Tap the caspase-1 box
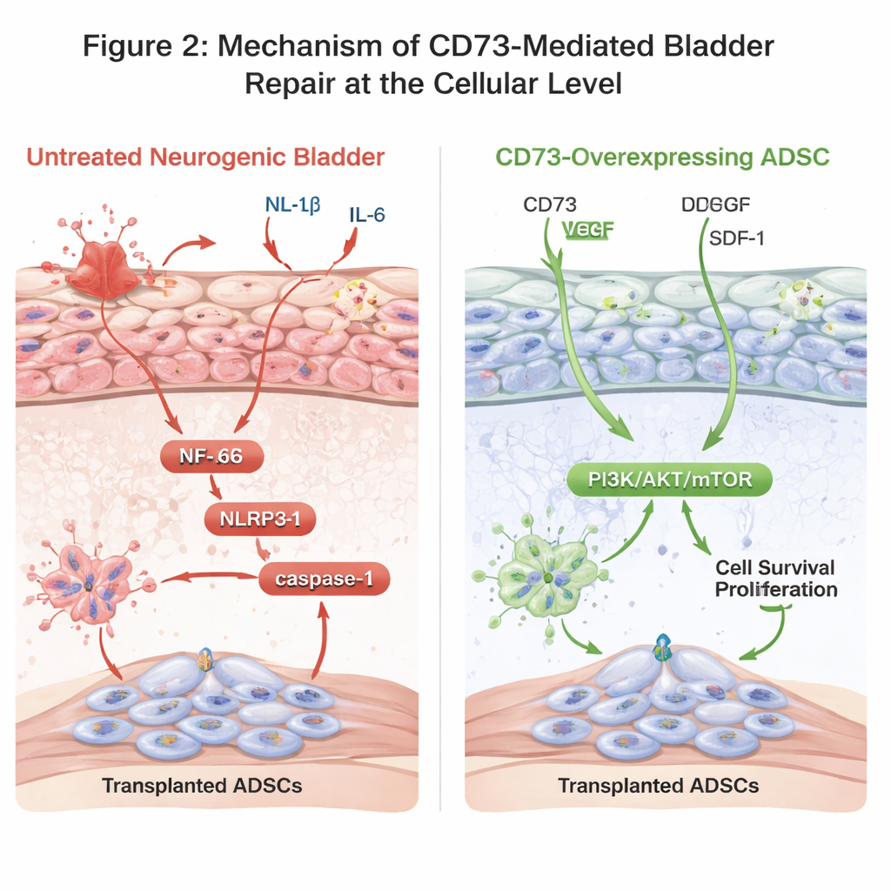(x=324, y=579)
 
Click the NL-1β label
(x=291, y=205)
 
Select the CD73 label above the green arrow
(x=549, y=205)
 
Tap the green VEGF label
(x=589, y=231)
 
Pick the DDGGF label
(x=716, y=205)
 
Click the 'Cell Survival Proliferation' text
(x=775, y=579)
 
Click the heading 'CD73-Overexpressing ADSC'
(x=661, y=157)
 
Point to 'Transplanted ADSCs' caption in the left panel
(x=202, y=786)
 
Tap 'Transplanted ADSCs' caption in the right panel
(x=659, y=786)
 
